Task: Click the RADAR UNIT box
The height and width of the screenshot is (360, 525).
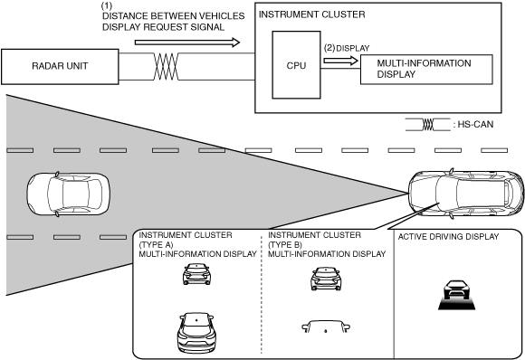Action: tap(60, 67)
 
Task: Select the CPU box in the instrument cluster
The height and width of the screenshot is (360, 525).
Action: tap(296, 65)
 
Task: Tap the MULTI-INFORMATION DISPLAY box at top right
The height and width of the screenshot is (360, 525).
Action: tap(426, 70)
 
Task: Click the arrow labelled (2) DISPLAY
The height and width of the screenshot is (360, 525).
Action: tap(341, 61)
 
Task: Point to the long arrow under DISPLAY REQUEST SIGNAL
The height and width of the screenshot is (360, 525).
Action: tap(187, 43)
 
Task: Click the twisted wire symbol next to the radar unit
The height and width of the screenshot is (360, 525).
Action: tap(166, 67)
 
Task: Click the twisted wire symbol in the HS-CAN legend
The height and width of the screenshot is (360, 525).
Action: tap(427, 125)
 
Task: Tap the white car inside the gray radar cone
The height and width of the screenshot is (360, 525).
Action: tap(68, 194)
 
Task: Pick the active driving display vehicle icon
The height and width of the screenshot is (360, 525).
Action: tap(457, 295)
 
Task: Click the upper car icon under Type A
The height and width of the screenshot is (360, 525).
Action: tap(197, 274)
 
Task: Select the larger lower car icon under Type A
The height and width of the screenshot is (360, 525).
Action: tap(196, 333)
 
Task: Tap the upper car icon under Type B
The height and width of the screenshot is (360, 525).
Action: tap(326, 279)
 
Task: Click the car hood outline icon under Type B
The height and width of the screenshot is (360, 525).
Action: tap(326, 327)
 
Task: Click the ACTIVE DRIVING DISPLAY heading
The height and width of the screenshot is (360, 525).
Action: tap(448, 237)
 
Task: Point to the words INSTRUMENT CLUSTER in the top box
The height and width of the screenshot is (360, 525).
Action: tap(311, 14)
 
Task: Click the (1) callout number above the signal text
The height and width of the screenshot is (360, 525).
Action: tap(107, 6)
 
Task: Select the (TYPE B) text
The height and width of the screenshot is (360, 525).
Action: tap(285, 244)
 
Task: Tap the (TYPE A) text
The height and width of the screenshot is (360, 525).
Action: tap(156, 244)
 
